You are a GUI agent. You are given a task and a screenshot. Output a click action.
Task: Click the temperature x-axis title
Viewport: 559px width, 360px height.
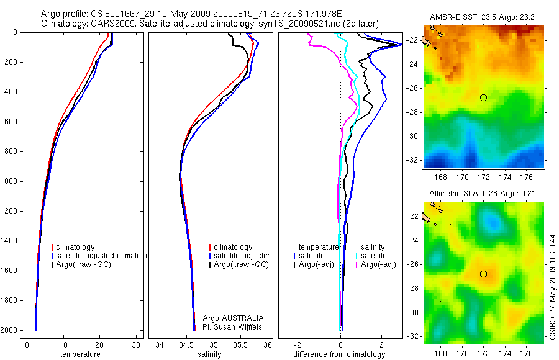coord(80,354)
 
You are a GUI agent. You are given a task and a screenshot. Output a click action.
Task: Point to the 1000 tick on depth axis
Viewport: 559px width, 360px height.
coord(10,181)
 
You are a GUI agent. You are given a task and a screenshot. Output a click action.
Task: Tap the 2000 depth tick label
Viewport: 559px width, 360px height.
coord(10,330)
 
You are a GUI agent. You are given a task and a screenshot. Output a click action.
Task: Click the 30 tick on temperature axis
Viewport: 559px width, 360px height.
coord(136,344)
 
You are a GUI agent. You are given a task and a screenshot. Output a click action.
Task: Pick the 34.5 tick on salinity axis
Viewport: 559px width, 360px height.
coord(186,344)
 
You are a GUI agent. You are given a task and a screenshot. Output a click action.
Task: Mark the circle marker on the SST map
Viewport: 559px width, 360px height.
coord(483,97)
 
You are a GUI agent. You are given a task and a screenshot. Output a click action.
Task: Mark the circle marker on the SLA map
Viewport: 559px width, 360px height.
coord(483,274)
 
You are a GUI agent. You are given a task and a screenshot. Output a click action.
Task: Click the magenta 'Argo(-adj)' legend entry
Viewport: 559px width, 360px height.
coord(378,264)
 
